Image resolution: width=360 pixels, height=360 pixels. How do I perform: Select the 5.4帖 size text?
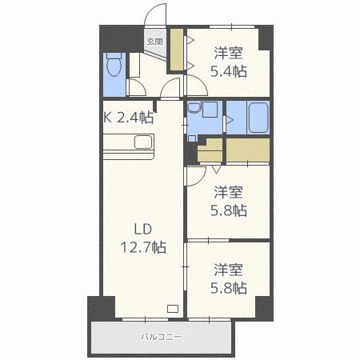pyautogui.click(x=229, y=70)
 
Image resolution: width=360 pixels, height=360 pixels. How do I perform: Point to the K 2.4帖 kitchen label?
pyautogui.click(x=129, y=117)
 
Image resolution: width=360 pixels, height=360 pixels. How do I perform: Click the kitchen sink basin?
pyautogui.click(x=143, y=142)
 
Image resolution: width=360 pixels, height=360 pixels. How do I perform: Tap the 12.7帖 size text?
pyautogui.click(x=144, y=248)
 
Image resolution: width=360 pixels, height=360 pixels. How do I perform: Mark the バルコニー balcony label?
pyautogui.click(x=162, y=337)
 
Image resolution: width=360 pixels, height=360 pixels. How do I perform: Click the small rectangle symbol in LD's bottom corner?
pyautogui.click(x=173, y=309)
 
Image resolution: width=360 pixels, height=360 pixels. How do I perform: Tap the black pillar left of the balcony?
pyautogui.click(x=102, y=307)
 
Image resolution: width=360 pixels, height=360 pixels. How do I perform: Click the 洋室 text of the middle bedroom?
pyautogui.click(x=229, y=193)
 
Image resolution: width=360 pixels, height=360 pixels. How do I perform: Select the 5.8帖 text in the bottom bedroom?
pyautogui.click(x=229, y=287)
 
